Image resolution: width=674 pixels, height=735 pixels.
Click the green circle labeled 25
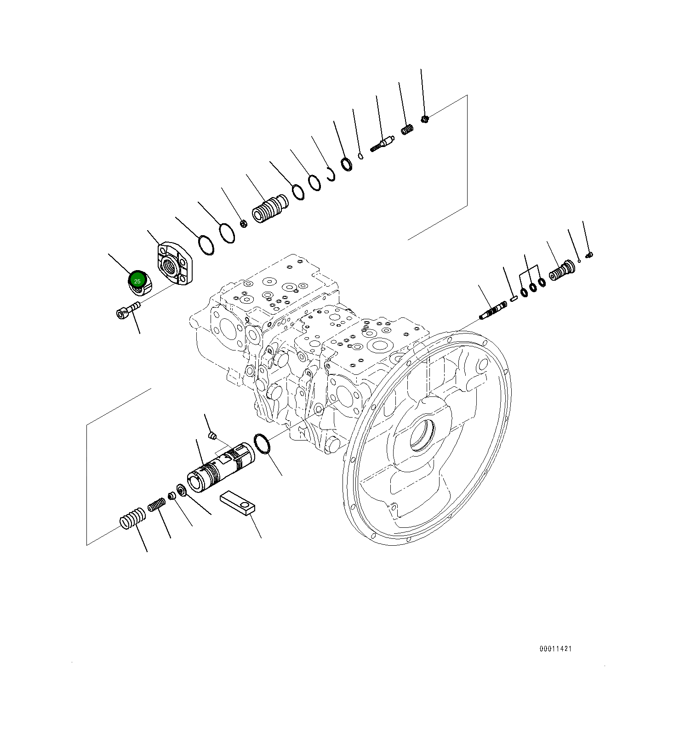point(137,281)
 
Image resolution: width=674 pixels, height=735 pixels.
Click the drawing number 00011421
point(555,649)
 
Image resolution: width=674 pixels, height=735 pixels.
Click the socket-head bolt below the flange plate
point(127,310)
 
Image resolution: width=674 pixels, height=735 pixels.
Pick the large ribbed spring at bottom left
point(132,518)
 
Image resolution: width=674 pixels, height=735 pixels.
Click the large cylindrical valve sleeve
point(221,468)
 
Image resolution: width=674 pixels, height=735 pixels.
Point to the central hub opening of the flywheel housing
point(422,434)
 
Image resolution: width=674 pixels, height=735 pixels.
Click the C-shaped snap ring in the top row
point(331,175)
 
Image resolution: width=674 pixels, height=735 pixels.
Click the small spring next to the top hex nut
point(407,130)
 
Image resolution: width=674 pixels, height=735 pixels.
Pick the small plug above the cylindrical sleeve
point(212,435)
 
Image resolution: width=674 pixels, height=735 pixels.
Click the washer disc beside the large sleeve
point(181,490)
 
